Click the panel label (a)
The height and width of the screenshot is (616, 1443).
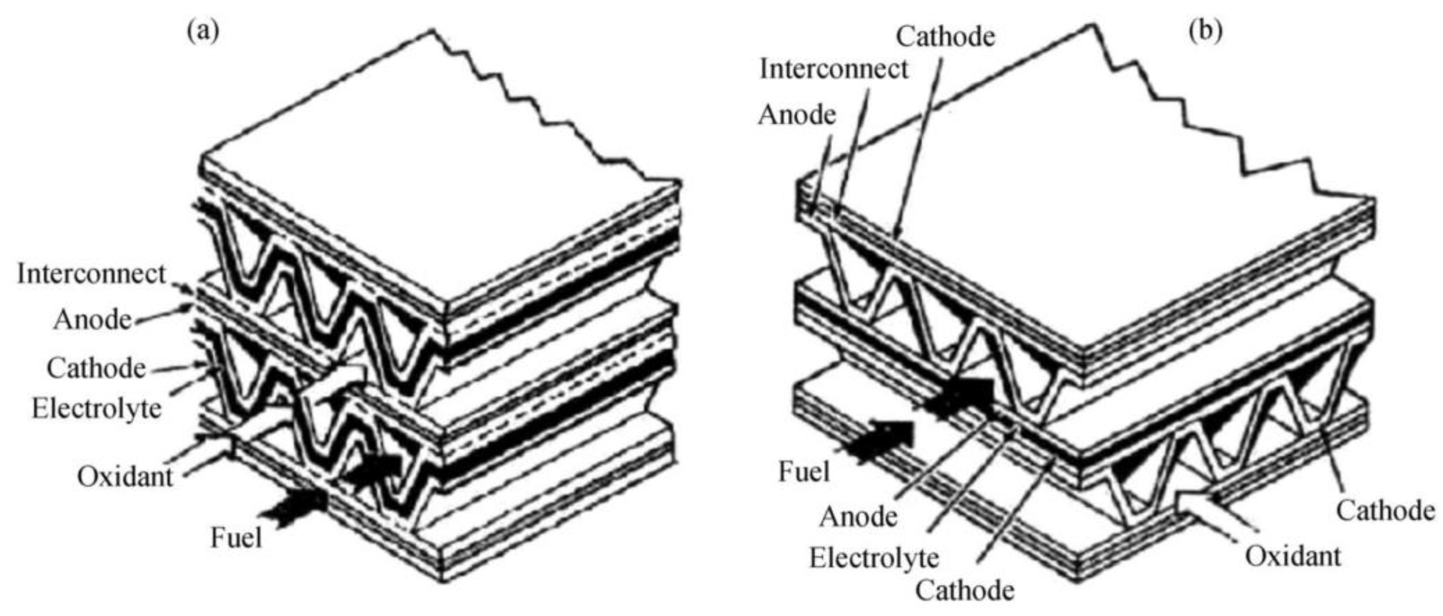(203, 32)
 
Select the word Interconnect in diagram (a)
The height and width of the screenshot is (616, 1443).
(92, 274)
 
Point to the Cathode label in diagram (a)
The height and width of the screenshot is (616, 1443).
(96, 368)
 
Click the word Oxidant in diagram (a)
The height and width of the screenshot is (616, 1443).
(125, 477)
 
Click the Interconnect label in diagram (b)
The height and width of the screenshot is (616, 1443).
(833, 69)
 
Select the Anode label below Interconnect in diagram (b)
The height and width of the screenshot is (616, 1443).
(797, 115)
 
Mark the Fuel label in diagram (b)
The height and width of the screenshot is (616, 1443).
(804, 472)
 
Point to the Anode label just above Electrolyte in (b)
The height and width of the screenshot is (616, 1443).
(858, 516)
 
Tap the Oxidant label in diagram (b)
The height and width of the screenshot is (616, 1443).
(1293, 557)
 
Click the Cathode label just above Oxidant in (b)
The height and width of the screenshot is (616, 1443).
(1386, 511)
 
